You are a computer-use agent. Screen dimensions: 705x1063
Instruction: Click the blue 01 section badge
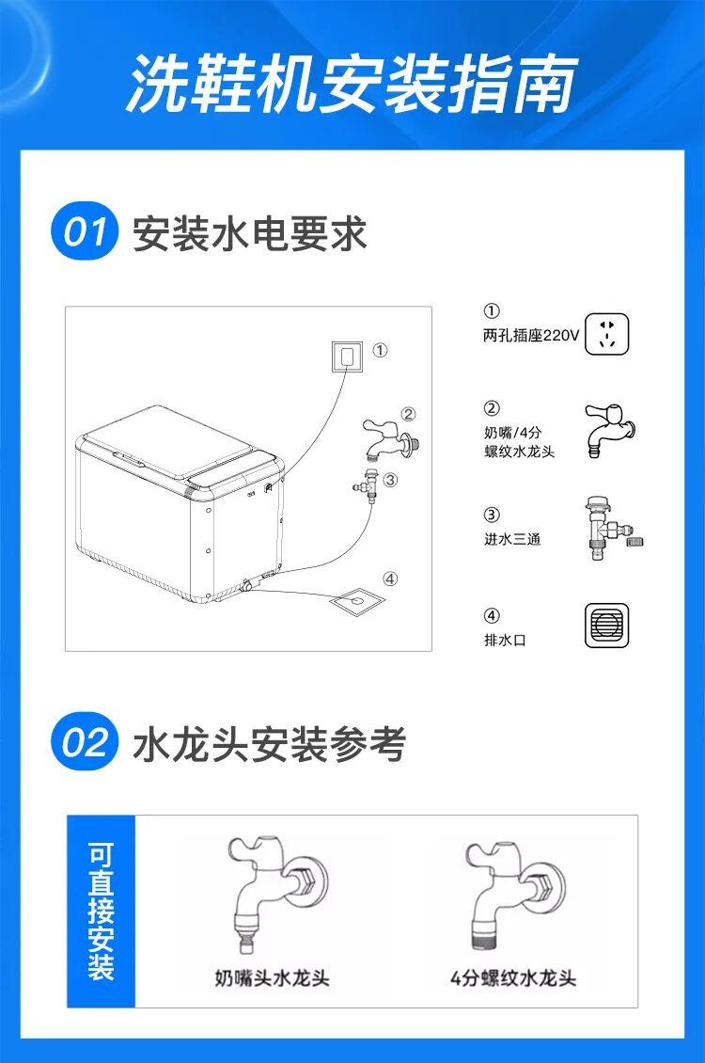[x=84, y=231]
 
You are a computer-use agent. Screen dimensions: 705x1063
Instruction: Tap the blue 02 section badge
[x=84, y=741]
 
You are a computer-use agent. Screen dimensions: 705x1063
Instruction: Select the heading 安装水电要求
[x=249, y=234]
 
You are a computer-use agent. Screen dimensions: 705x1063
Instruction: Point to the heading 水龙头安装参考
[x=269, y=744]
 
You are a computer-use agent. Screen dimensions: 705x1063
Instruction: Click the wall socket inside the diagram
[x=347, y=357]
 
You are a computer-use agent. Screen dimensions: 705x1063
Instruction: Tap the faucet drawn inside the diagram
[x=391, y=438]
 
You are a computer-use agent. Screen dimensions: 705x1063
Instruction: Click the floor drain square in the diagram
[x=355, y=600]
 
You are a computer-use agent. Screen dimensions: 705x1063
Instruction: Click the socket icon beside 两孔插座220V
[x=607, y=334]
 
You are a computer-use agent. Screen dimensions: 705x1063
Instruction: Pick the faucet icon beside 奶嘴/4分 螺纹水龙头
[x=609, y=430]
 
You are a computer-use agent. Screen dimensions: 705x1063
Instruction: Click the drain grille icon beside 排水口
[x=607, y=625]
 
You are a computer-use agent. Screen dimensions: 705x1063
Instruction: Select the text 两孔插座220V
[x=531, y=336]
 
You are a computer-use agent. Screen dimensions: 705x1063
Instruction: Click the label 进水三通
[x=512, y=540]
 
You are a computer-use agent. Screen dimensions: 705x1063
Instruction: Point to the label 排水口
[x=505, y=640]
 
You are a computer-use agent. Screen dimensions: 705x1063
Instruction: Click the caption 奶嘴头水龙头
[x=273, y=977]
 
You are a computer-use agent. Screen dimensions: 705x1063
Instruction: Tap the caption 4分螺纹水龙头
[x=514, y=977]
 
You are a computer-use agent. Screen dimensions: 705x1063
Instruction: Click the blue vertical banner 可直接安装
[x=101, y=912]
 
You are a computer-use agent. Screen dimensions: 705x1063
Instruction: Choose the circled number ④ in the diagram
[x=390, y=579]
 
